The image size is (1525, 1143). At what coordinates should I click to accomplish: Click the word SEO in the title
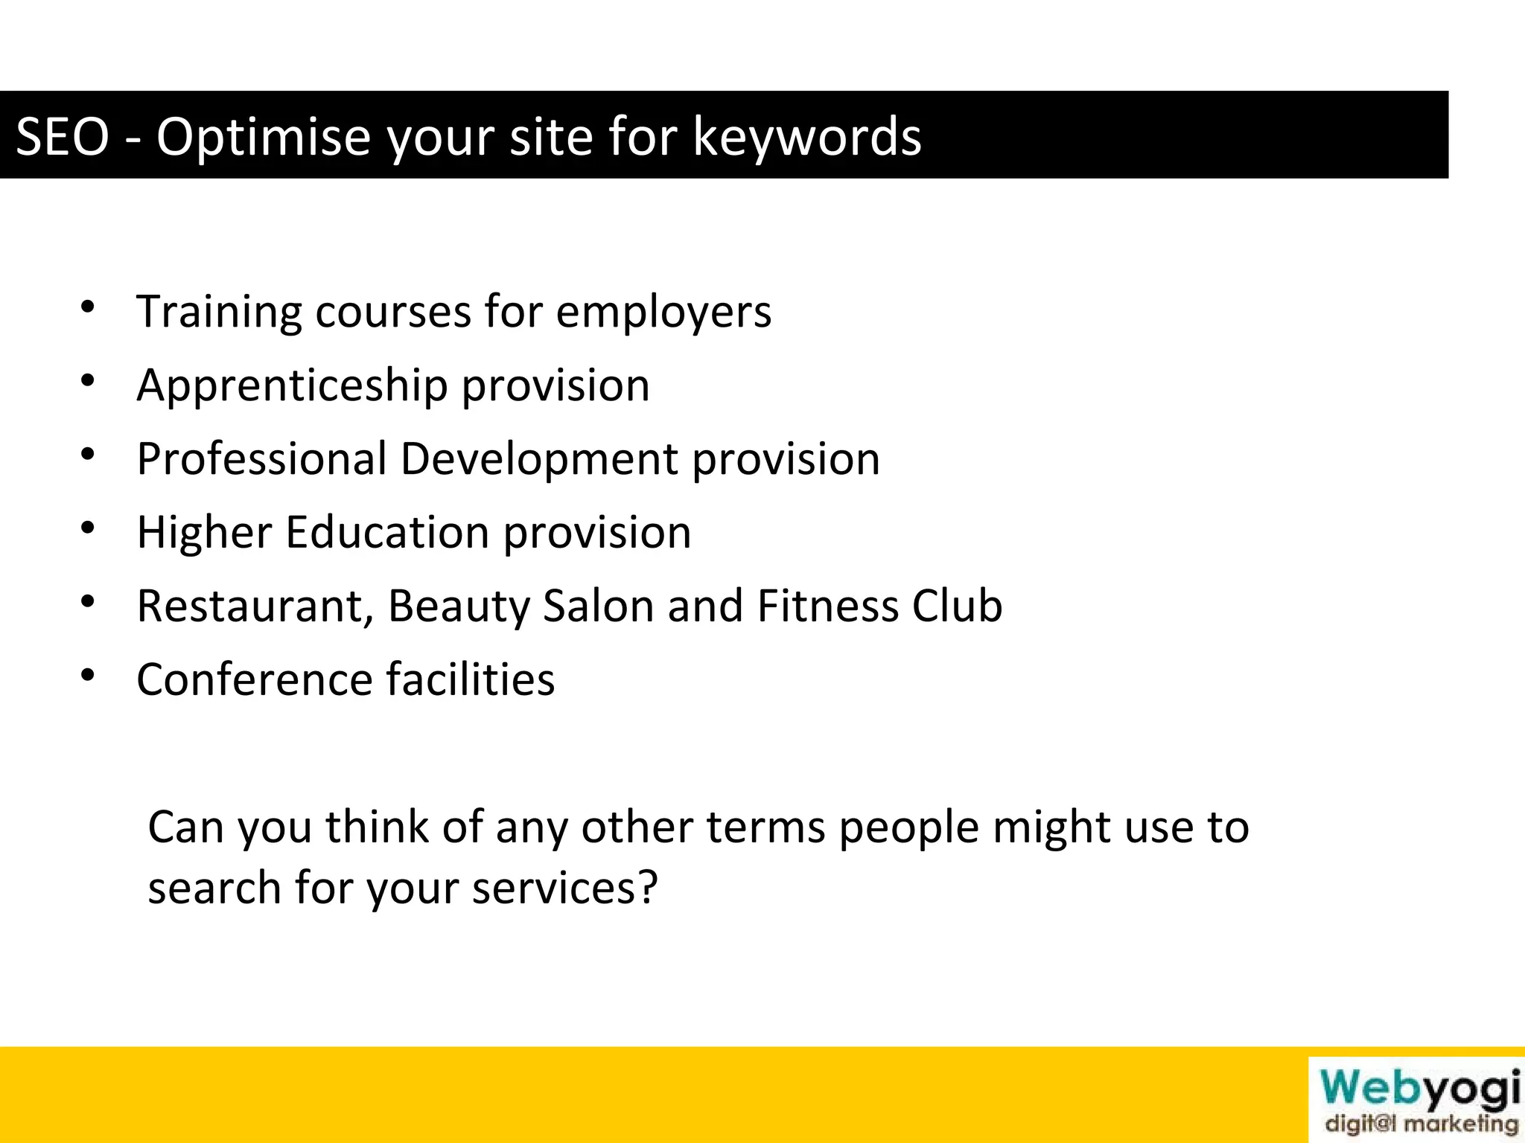click(63, 137)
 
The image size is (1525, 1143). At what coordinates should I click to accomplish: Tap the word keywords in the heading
click(807, 137)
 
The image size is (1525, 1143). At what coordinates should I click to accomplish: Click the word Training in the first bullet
click(219, 311)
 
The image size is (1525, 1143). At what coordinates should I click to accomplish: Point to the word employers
click(663, 311)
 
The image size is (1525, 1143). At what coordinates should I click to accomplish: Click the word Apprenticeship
click(292, 385)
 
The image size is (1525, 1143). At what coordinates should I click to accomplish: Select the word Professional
click(261, 458)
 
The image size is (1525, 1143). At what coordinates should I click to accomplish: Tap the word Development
click(539, 458)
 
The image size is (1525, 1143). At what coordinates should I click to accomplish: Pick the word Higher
click(204, 532)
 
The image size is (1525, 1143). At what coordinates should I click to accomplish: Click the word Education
click(387, 532)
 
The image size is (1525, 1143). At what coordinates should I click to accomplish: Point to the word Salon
click(599, 606)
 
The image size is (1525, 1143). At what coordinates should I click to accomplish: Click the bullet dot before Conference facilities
click(88, 675)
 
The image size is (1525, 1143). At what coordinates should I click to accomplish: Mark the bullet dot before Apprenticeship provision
click(88, 380)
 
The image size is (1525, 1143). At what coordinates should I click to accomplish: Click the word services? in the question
click(565, 888)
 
